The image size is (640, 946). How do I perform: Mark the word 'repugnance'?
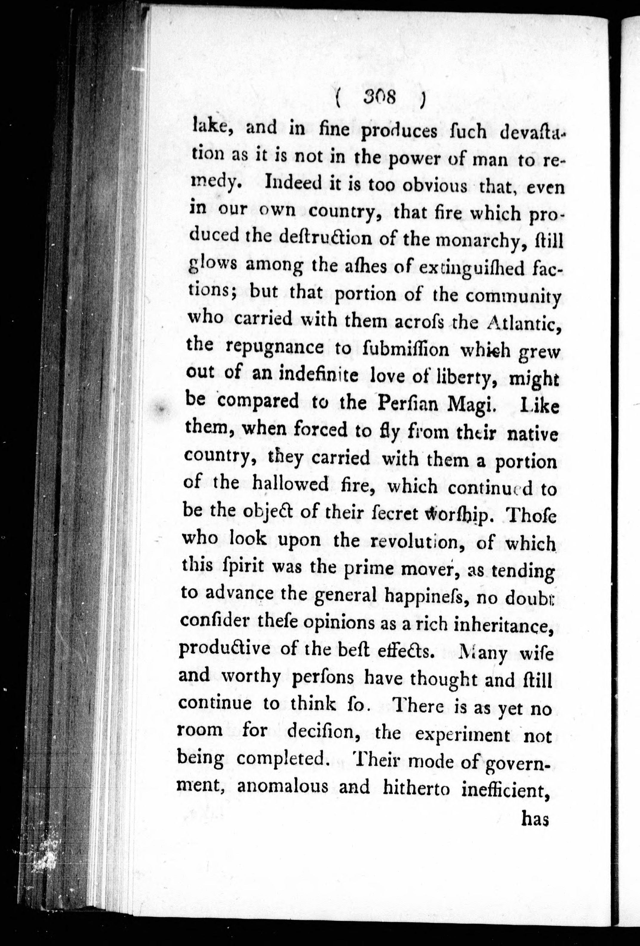tap(275, 348)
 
